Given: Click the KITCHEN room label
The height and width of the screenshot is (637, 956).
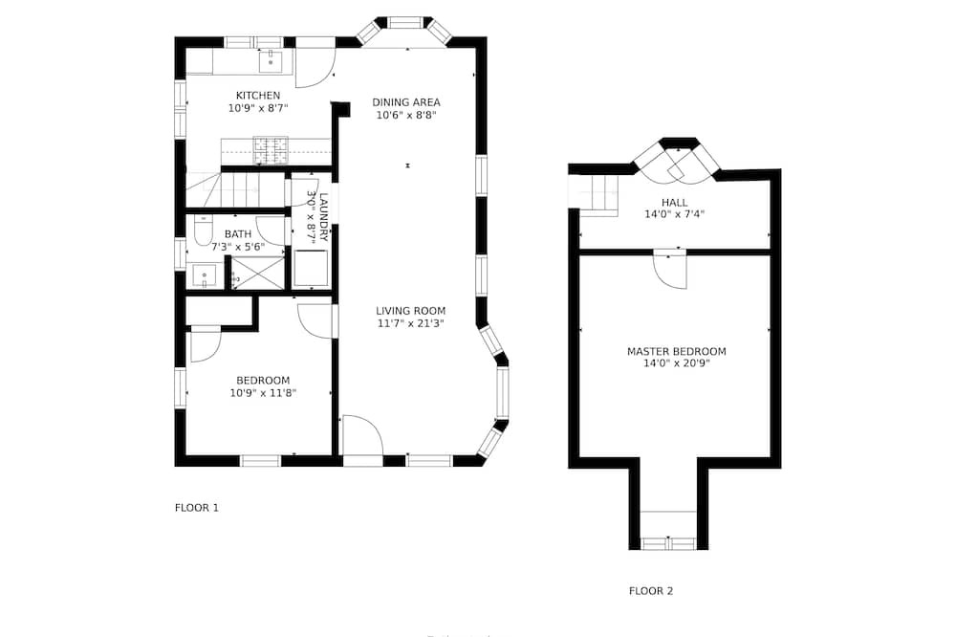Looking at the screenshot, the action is [x=258, y=96].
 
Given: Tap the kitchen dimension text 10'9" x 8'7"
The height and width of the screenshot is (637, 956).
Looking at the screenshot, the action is [x=258, y=108].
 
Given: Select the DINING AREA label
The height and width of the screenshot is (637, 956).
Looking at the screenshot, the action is [x=406, y=102].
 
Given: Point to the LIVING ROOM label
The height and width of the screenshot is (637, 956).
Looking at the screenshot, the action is [x=410, y=311].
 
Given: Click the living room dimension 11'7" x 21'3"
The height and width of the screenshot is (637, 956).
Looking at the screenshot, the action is [x=410, y=323].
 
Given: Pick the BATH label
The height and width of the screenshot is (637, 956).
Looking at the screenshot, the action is [x=238, y=233].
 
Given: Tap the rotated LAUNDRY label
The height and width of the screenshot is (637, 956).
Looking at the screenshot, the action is [x=323, y=218].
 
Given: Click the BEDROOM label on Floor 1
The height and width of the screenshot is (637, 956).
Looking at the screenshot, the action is [x=263, y=380].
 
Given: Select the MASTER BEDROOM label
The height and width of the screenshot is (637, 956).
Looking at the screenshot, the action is [x=676, y=351].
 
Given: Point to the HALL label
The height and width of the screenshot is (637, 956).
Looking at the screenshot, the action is [x=674, y=202].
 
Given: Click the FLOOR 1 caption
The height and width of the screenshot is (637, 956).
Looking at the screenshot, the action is [x=196, y=508].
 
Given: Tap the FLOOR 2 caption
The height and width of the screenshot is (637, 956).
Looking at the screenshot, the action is [x=650, y=591].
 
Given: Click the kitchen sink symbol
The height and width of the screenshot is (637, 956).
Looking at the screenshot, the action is [x=271, y=61].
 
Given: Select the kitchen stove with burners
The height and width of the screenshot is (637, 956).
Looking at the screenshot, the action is [x=271, y=150].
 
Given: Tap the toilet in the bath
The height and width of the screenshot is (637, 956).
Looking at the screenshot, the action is [x=203, y=230].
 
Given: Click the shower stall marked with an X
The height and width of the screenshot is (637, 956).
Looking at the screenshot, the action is [x=258, y=273].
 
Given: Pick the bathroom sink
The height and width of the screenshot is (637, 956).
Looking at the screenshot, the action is [x=205, y=275].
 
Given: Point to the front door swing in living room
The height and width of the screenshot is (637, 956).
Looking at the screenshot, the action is [x=362, y=435].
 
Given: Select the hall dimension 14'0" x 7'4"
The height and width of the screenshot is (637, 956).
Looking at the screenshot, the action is [x=674, y=215].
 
